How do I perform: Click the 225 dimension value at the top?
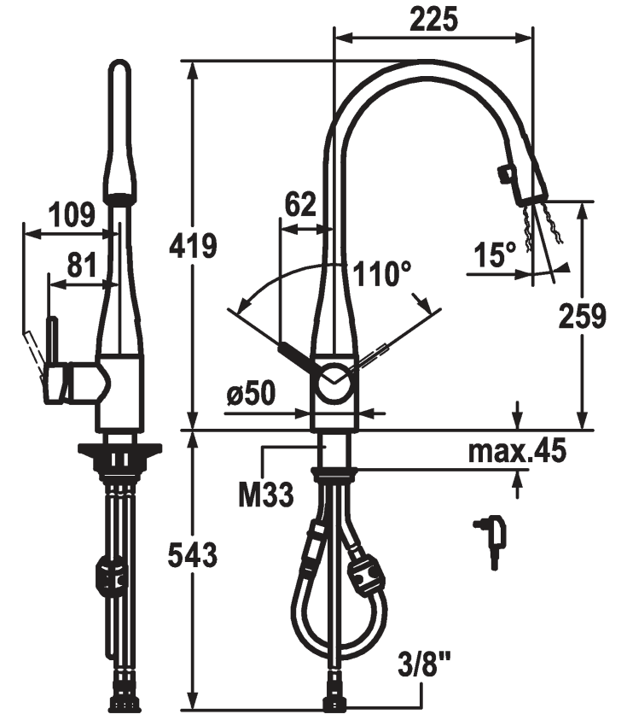pos(433,20)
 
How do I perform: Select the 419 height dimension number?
pos(193,246)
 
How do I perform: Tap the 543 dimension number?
pos(193,555)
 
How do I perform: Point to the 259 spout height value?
pos(582,317)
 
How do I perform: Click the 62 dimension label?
pos(300,204)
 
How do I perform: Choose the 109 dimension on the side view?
pos(72,214)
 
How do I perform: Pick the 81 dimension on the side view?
pos(82,265)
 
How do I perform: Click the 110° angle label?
pos(382,273)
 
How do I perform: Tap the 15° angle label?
pos(494,255)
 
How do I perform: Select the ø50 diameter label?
pos(251,393)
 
